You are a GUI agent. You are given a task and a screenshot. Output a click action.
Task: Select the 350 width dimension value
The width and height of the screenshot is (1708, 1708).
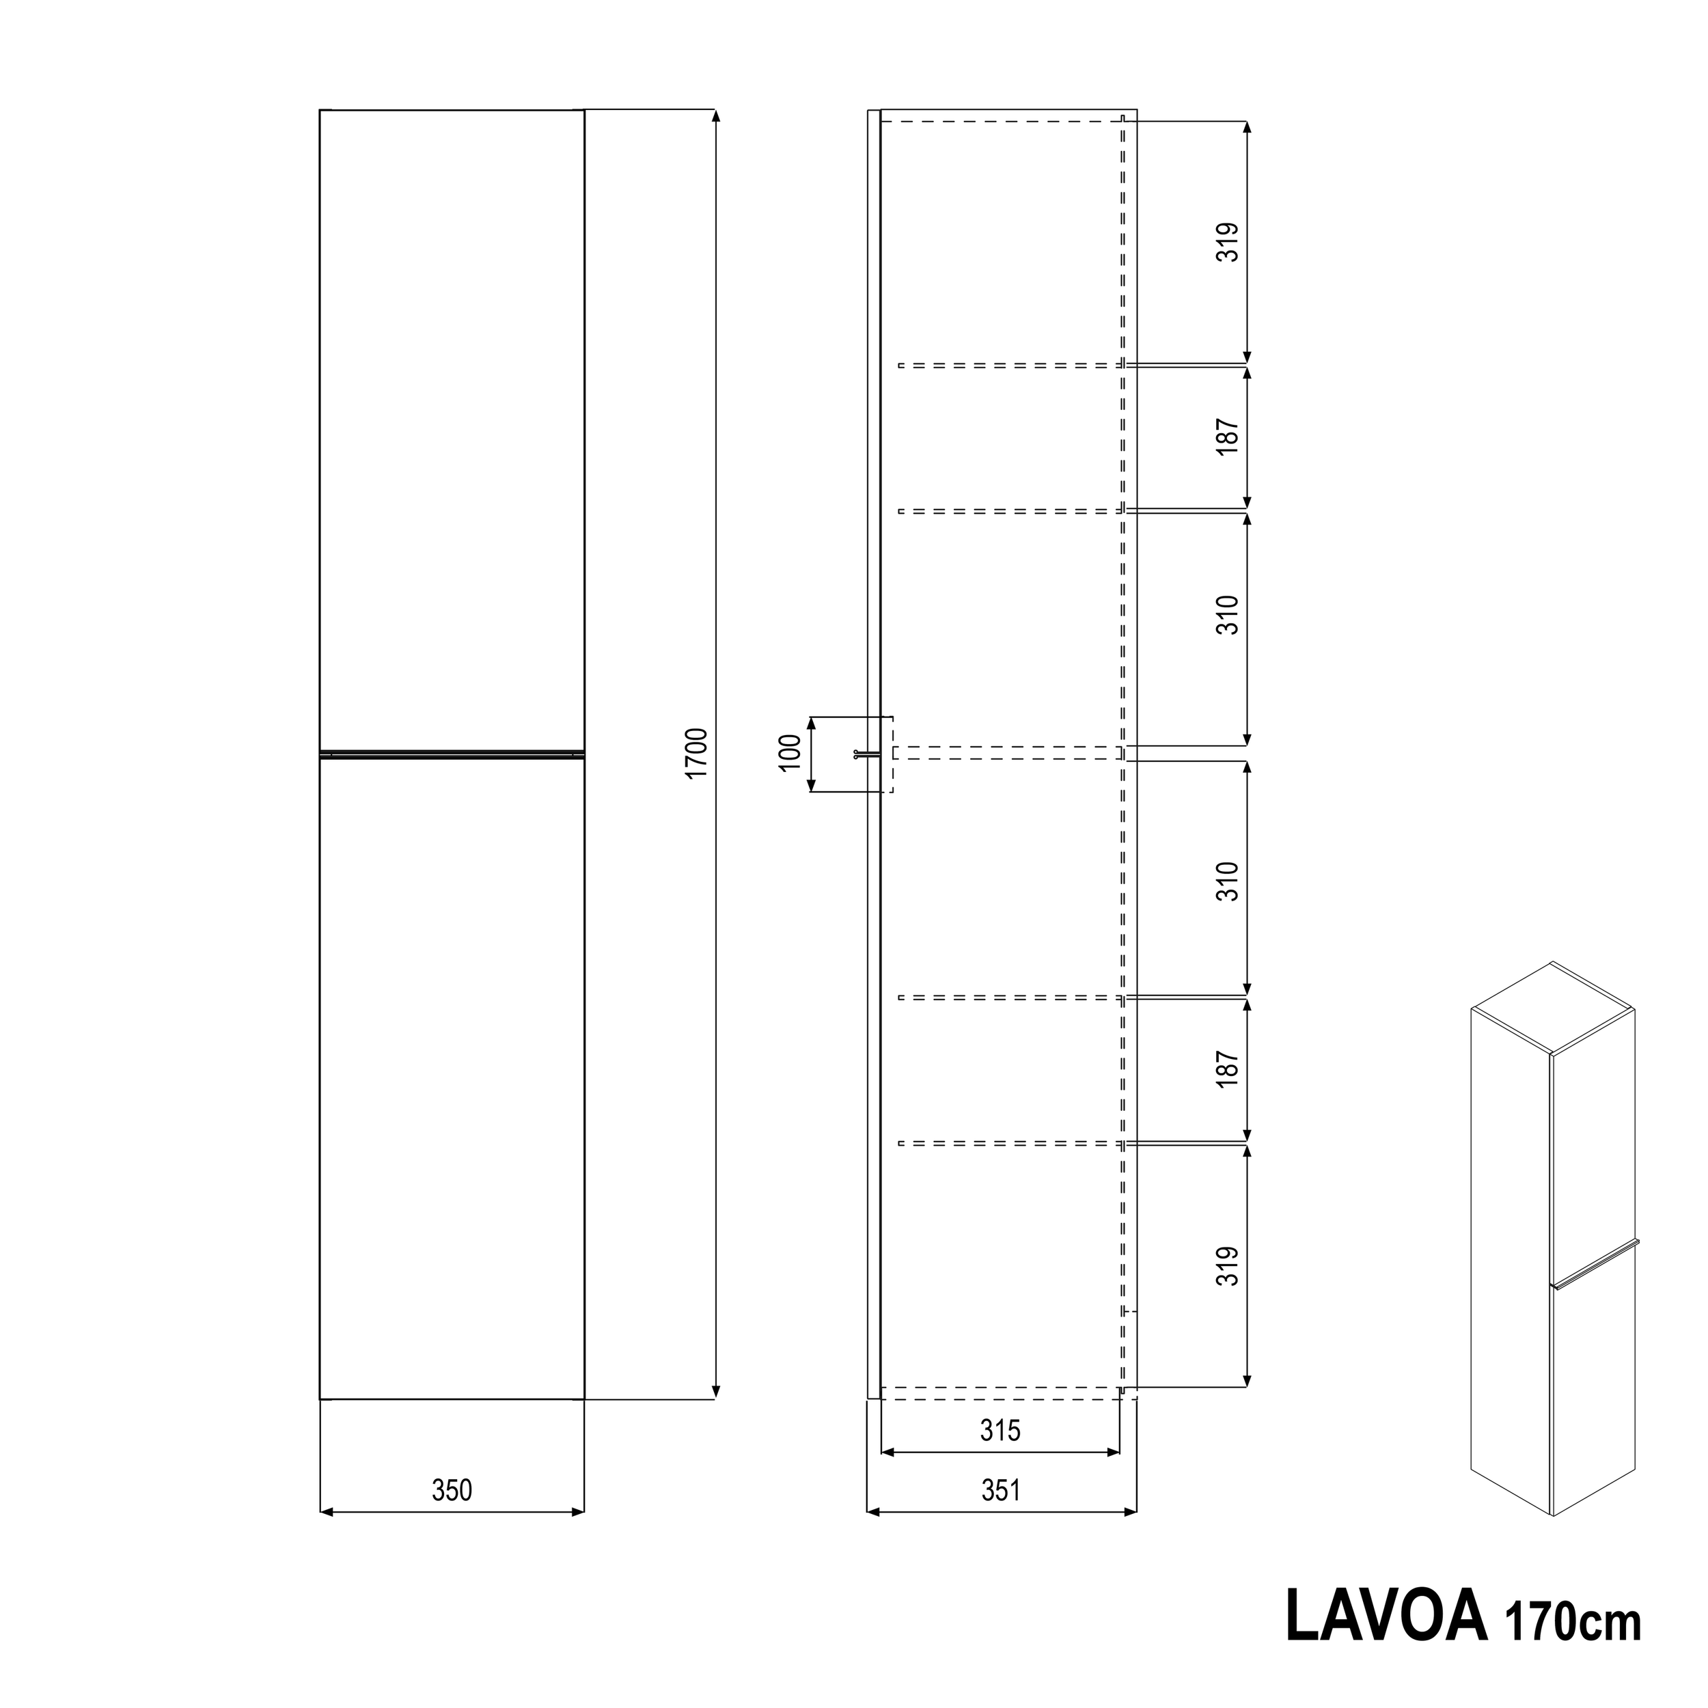[452, 1491]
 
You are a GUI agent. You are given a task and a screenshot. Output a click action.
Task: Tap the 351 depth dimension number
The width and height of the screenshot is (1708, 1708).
[1001, 1491]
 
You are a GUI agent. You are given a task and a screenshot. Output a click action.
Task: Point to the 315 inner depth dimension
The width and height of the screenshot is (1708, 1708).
[1001, 1429]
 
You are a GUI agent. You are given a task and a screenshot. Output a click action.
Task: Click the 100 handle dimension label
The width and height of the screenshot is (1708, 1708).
[790, 753]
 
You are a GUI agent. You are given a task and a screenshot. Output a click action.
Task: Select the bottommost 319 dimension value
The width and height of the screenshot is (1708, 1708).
[1228, 1266]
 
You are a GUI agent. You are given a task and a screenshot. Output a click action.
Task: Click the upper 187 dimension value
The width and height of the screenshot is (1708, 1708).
[1228, 437]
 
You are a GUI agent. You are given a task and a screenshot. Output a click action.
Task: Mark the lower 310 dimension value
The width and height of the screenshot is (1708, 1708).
[1228, 881]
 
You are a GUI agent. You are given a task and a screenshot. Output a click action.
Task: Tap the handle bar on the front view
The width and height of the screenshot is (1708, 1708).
[452, 754]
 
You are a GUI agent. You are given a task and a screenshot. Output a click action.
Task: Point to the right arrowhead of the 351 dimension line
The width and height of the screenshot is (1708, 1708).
[1131, 1513]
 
